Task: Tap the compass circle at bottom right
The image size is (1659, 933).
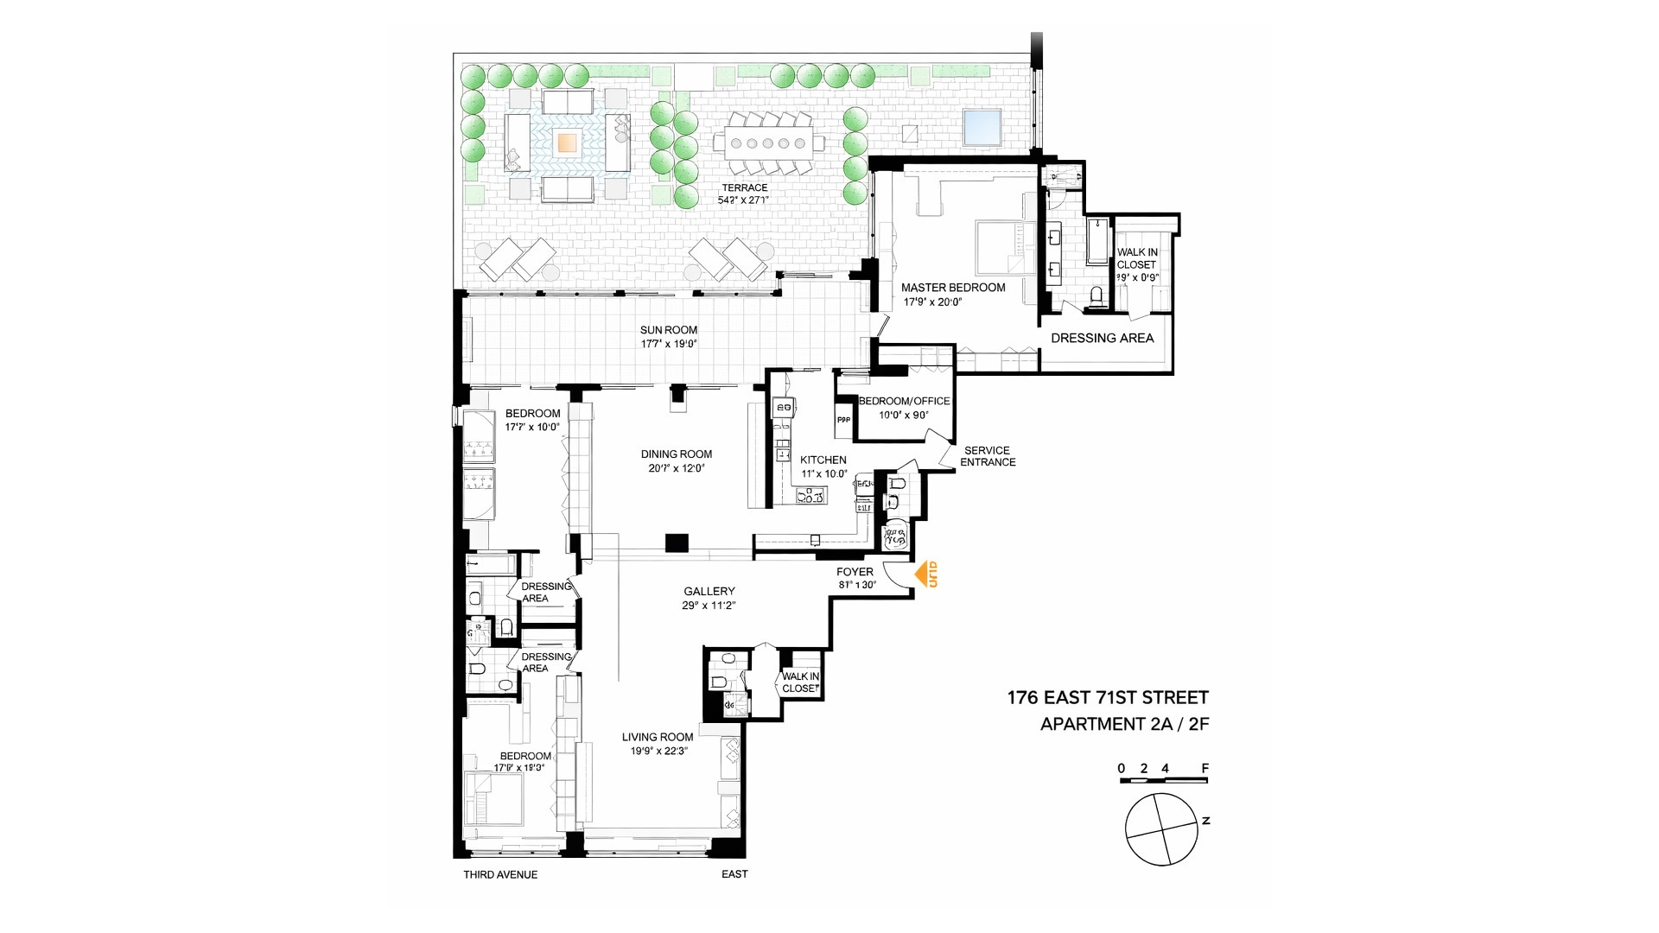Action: [1161, 829]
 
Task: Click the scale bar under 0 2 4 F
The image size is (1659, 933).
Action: [1163, 781]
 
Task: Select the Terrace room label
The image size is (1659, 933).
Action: [744, 187]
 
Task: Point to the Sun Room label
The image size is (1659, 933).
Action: [669, 330]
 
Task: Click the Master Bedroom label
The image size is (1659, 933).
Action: [953, 288]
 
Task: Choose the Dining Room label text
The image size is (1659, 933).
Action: [677, 454]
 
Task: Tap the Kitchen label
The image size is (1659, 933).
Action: [823, 460]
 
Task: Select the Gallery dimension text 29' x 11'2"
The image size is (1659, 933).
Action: [709, 606]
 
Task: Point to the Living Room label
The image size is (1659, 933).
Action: [658, 737]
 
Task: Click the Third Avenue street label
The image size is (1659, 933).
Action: [500, 874]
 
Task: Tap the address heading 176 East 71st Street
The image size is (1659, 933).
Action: [1108, 697]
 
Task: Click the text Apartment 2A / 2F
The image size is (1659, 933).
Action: [1124, 724]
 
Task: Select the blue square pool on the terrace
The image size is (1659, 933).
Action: [982, 127]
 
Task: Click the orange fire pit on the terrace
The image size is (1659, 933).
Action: [567, 142]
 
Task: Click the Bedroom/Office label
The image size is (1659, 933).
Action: [904, 401]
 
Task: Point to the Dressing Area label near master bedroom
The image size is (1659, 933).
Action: [1102, 338]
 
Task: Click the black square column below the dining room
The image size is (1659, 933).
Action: [677, 543]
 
